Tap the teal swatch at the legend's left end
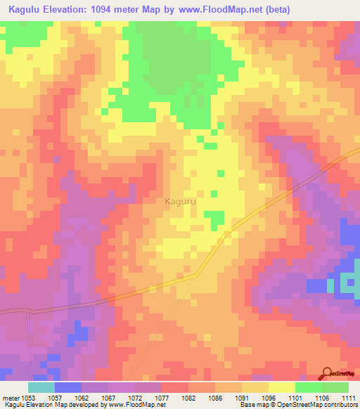point(41,387)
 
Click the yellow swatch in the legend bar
point(281,387)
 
